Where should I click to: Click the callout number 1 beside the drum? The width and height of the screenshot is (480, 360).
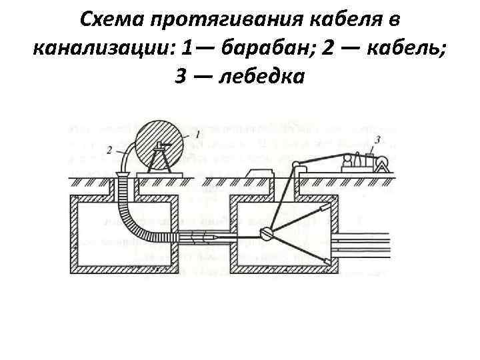click(199, 135)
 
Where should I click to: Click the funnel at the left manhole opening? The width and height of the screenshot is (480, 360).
click(122, 175)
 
